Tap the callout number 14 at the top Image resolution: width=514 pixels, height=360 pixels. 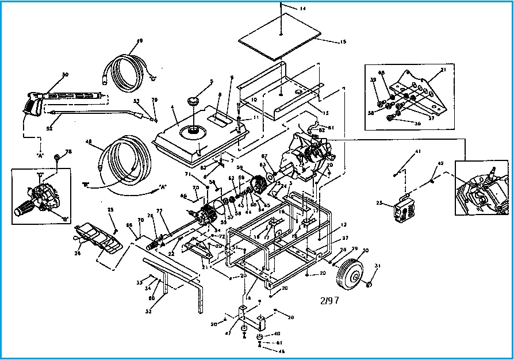303,9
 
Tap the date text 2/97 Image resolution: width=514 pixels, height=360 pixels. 331,301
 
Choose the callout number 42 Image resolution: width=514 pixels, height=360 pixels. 440,163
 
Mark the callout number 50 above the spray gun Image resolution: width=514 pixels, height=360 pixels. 65,75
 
